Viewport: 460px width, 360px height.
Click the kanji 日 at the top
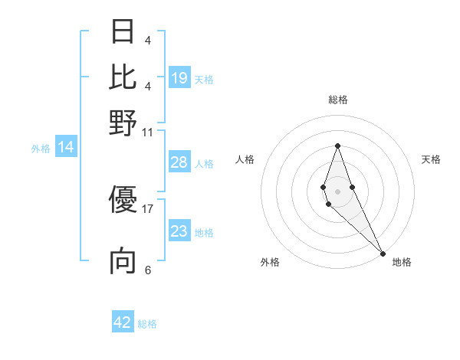123,31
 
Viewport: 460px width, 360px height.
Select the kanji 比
123,77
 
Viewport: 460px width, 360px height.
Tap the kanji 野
123,123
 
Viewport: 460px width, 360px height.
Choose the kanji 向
123,261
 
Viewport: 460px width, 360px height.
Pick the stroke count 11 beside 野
148,132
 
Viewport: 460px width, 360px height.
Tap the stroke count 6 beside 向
148,270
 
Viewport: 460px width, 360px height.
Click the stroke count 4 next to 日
148,40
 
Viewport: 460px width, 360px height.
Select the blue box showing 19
179,77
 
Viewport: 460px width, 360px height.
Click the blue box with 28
179,162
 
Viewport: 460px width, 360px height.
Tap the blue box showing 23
179,231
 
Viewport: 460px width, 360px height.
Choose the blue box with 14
65,147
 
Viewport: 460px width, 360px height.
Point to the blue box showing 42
123,322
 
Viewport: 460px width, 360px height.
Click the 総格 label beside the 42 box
147,324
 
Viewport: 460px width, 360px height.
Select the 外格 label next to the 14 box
41,149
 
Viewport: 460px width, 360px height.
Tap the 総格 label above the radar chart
337,100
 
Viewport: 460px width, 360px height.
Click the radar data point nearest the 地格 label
382,253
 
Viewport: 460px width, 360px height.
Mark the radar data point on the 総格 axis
337,146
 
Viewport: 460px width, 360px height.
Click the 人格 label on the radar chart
245,159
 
